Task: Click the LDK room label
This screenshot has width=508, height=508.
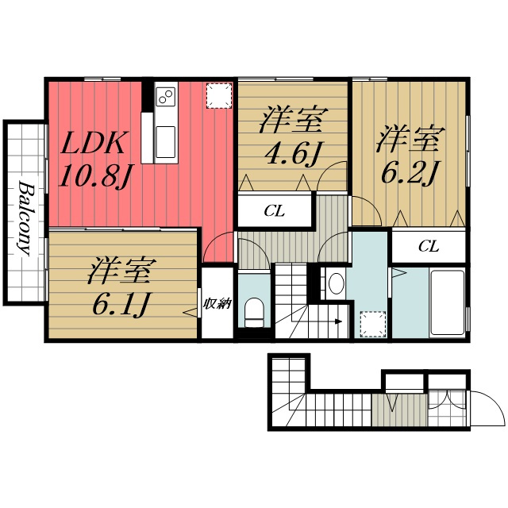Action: [93, 143]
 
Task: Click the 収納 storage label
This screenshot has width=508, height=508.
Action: [217, 304]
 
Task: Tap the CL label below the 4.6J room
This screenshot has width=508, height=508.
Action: [274, 212]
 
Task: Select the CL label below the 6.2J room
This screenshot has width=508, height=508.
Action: [429, 247]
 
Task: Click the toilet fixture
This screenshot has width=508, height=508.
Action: [254, 313]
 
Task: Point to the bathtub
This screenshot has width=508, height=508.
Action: [447, 302]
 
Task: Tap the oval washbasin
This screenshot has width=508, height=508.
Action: [337, 283]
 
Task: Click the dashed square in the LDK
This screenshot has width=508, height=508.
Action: [219, 95]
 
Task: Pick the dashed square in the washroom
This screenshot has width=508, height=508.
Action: [373, 324]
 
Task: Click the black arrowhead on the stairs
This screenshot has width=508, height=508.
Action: [338, 321]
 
